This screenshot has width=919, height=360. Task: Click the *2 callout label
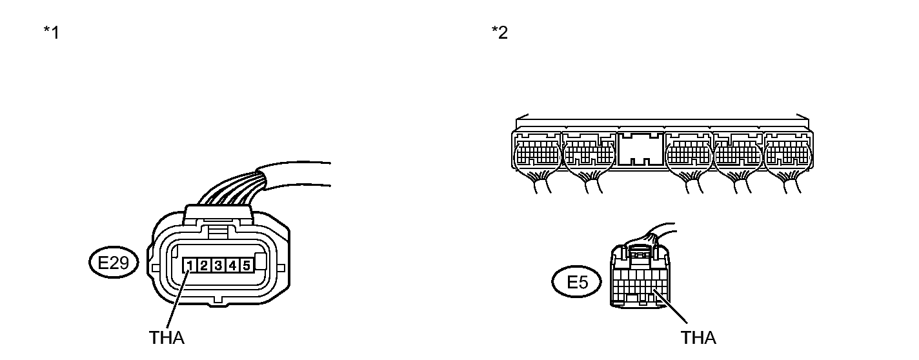(499, 32)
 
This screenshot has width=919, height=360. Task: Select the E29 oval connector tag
(112, 263)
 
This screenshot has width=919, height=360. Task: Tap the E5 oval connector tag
(578, 283)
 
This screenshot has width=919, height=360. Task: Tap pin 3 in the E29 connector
(218, 265)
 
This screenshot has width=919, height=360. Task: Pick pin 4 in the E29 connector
(232, 265)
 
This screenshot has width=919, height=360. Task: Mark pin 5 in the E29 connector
(245, 265)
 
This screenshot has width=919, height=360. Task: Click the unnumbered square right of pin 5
(260, 263)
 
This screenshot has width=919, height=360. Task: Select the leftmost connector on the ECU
(537, 155)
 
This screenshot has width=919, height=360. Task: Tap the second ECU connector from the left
(589, 155)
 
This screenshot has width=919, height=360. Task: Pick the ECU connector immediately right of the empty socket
(689, 155)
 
